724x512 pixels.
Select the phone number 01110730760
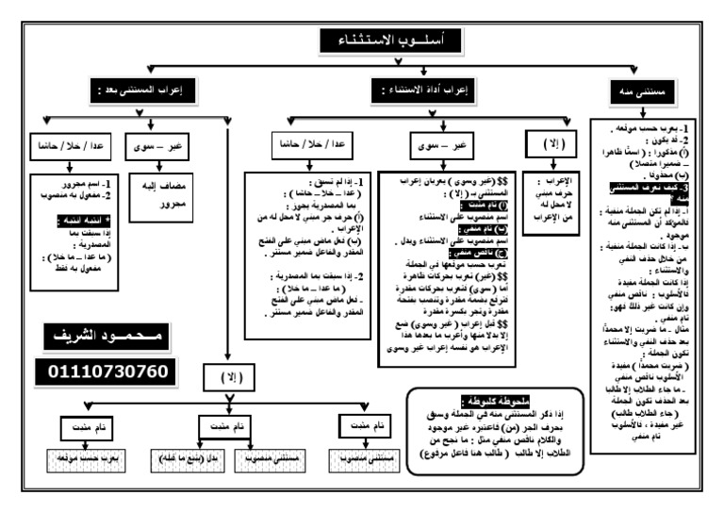(107, 371)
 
